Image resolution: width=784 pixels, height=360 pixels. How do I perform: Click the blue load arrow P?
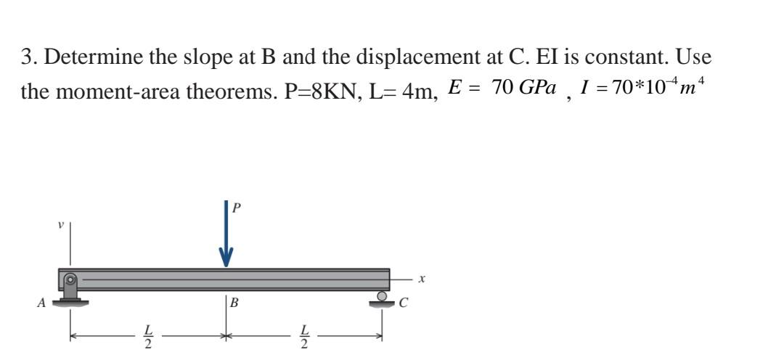[x=226, y=234]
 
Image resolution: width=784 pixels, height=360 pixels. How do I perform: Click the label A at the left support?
[x=42, y=303]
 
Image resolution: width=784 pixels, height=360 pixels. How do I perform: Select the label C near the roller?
[x=404, y=303]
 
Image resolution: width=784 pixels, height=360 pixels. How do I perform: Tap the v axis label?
[x=61, y=225]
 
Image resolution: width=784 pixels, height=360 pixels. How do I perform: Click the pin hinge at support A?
[x=71, y=279]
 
